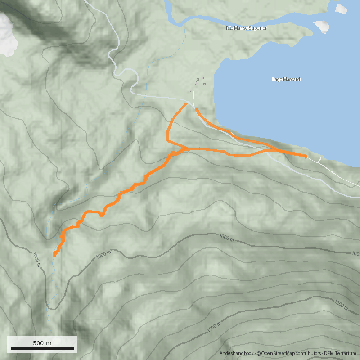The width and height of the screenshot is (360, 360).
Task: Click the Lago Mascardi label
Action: point(287,80)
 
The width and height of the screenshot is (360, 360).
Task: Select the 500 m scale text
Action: point(42,343)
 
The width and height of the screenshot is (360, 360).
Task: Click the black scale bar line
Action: point(42,348)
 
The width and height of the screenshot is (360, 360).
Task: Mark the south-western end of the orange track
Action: point(54,255)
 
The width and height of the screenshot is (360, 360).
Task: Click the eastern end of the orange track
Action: point(306,157)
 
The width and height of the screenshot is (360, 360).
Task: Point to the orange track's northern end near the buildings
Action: point(186,103)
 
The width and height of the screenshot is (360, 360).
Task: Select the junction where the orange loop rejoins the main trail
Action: point(186,148)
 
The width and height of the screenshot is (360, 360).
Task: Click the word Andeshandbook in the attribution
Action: point(237,354)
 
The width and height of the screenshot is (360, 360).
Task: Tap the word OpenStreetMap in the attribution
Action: point(279,354)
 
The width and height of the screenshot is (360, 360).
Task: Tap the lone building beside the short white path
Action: point(191,90)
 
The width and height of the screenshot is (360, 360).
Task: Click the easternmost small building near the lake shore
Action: point(204,84)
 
